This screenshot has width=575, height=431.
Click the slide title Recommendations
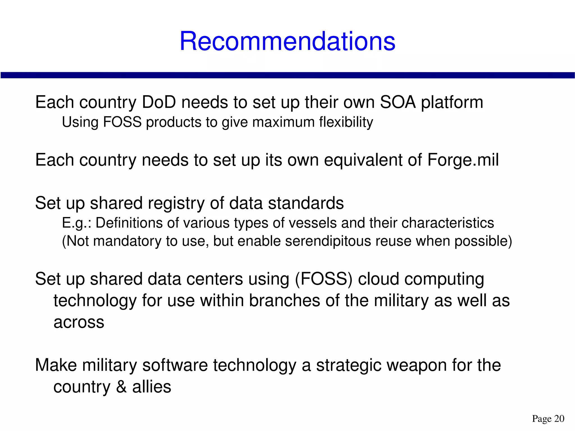[287, 41]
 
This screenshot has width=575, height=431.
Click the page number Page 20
[548, 419]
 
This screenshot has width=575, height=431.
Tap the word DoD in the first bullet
[159, 102]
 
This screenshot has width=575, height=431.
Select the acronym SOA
[397, 102]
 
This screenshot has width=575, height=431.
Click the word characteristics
[448, 223]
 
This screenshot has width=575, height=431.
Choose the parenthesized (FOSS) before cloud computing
[323, 279]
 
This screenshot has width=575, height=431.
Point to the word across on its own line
[79, 322]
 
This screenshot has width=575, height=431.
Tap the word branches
[284, 301]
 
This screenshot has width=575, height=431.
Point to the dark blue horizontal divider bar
[287, 75]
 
